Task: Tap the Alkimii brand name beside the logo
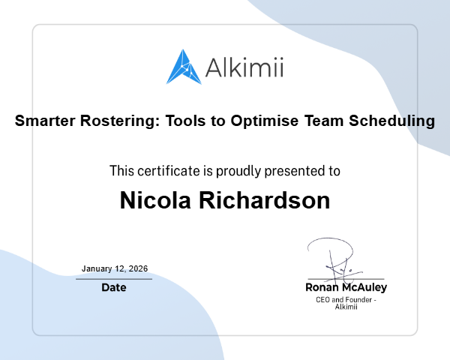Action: [x=244, y=68]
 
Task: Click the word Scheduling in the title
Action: [x=394, y=120]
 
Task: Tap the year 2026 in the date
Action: [x=138, y=268]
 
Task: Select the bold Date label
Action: [x=114, y=287]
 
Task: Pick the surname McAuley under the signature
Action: [x=365, y=287]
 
